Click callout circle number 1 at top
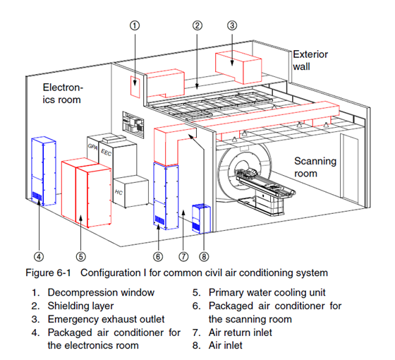point(135,25)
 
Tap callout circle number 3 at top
point(232,25)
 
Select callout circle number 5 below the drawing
point(81,257)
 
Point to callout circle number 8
point(204,257)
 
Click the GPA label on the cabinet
point(92,147)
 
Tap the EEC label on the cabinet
point(106,152)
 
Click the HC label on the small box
point(119,192)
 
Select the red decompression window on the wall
point(135,87)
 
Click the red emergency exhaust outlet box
point(238,67)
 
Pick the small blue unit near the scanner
point(201,219)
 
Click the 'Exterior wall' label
point(310,61)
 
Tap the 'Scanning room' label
point(315,167)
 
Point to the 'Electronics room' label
point(63,93)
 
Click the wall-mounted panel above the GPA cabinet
point(133,124)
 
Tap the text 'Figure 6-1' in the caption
point(49,272)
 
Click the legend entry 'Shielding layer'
point(80,306)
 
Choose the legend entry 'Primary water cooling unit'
point(267,292)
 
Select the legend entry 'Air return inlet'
point(241,332)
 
